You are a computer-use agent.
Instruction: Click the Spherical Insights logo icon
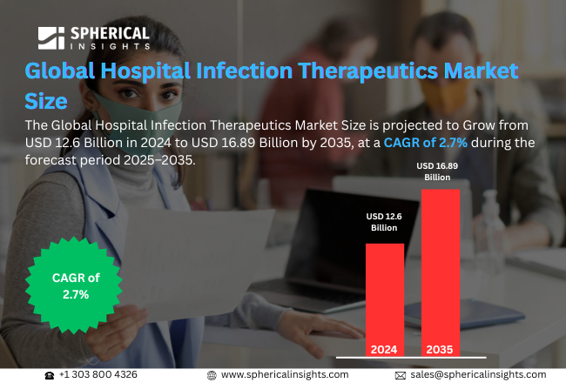point(51,38)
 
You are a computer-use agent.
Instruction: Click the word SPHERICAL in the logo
point(108,31)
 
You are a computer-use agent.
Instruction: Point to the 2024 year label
point(384,350)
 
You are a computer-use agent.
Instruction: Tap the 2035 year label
point(440,350)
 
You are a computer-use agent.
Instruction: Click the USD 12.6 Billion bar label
point(384,222)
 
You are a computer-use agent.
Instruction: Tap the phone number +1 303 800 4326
point(98,374)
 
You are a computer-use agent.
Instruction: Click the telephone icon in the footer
point(50,374)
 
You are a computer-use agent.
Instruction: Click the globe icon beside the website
point(212,374)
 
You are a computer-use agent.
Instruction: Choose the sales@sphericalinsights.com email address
point(478,374)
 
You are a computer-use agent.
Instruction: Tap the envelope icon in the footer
point(401,374)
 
